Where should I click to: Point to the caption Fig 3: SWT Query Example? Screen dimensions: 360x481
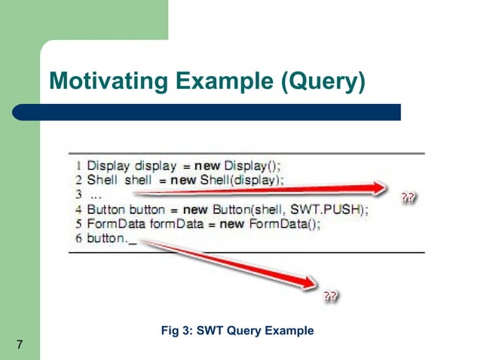237,330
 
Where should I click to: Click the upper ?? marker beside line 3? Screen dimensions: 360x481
408,198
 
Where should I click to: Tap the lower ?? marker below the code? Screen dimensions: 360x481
329,296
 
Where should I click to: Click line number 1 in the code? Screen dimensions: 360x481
79,164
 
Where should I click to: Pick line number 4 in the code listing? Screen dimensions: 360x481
79,210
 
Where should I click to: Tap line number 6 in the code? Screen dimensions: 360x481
79,240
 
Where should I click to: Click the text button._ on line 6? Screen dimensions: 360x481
113,240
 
